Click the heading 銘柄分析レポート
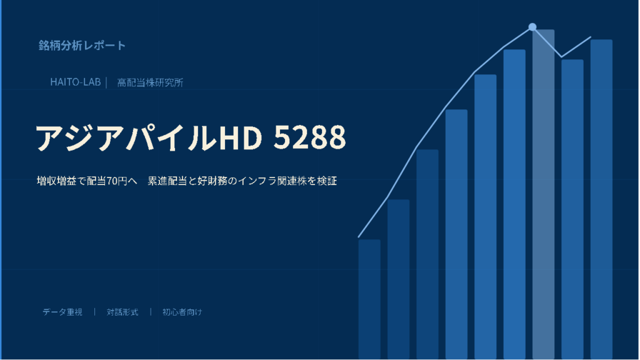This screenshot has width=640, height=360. (82, 45)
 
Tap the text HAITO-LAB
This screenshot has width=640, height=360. (76, 82)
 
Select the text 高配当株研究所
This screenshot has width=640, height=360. (150, 82)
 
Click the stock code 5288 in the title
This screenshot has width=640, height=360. (309, 137)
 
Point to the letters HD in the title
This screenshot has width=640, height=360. (241, 137)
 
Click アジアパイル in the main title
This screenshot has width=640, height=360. (126, 137)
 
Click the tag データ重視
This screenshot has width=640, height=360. (62, 312)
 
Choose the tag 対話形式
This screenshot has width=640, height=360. (122, 312)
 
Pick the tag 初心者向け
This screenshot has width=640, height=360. (182, 312)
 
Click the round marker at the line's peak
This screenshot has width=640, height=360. (532, 27)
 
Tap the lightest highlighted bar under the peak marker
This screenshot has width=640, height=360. (543, 194)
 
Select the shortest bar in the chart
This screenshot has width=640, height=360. (369, 299)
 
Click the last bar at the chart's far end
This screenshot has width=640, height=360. (601, 199)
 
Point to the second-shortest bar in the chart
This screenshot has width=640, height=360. (398, 279)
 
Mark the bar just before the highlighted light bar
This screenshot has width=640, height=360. (514, 204)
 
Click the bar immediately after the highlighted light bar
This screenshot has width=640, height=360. (572, 209)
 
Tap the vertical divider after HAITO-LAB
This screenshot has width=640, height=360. (106, 82)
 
